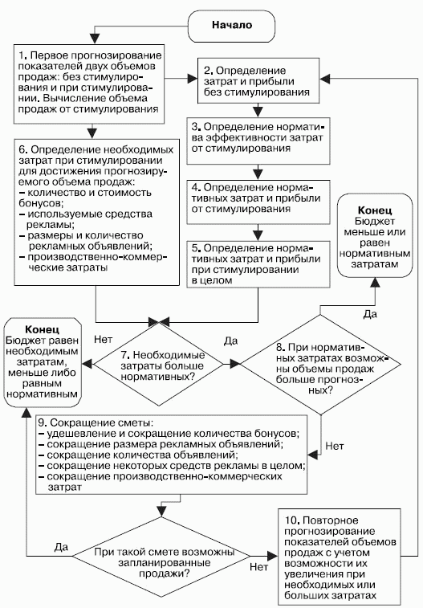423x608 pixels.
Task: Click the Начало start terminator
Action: (x=232, y=27)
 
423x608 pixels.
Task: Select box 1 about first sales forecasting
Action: (x=89, y=84)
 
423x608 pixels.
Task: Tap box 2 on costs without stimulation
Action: (x=258, y=80)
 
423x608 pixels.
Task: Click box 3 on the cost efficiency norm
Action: (x=258, y=141)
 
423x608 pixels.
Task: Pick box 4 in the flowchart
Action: (x=258, y=202)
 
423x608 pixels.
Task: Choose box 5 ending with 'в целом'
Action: (x=258, y=264)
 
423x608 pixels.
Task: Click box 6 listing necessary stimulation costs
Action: (x=97, y=213)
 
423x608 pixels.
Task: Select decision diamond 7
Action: (x=159, y=364)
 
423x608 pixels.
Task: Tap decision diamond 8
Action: (x=320, y=365)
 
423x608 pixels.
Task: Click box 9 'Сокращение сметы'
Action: (x=172, y=455)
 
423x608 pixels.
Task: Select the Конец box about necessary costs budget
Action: (x=43, y=362)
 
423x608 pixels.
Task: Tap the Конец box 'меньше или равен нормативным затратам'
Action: (x=375, y=236)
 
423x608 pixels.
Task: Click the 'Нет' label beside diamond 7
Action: (x=103, y=340)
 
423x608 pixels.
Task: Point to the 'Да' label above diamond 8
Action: (x=370, y=314)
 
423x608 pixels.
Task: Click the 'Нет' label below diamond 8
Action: (x=334, y=446)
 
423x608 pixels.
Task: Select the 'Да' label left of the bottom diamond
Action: (x=61, y=547)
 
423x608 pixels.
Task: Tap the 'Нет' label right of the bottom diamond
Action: (x=258, y=567)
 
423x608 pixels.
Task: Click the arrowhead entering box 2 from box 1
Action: (x=193, y=79)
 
